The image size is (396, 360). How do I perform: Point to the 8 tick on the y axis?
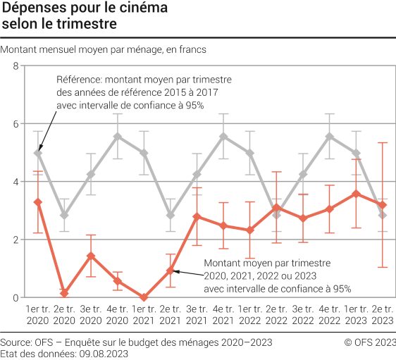click(16, 66)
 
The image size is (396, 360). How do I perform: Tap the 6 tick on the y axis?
click(16, 124)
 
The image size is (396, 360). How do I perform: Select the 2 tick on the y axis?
click(16, 240)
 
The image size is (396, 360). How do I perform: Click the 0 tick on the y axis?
click(16, 297)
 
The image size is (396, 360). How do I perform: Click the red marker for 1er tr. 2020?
click(38, 202)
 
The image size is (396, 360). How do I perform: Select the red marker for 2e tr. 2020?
click(65, 293)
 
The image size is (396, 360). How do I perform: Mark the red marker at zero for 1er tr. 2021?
click(144, 297)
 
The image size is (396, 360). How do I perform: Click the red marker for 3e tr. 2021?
click(197, 216)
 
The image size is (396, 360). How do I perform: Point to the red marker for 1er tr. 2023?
click(356, 194)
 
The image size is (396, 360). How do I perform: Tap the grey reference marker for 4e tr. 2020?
click(118, 137)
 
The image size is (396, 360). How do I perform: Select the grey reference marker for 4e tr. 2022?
click(329, 137)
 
